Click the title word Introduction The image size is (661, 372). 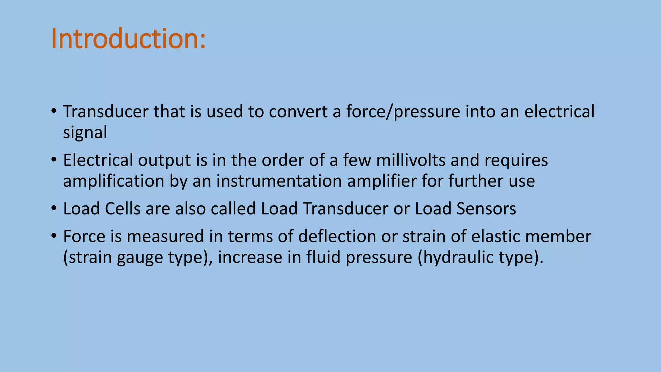[x=128, y=39]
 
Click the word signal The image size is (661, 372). [x=85, y=133]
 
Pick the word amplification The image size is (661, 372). [x=114, y=181]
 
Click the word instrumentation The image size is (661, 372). [x=279, y=181]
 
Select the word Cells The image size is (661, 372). [x=123, y=209]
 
